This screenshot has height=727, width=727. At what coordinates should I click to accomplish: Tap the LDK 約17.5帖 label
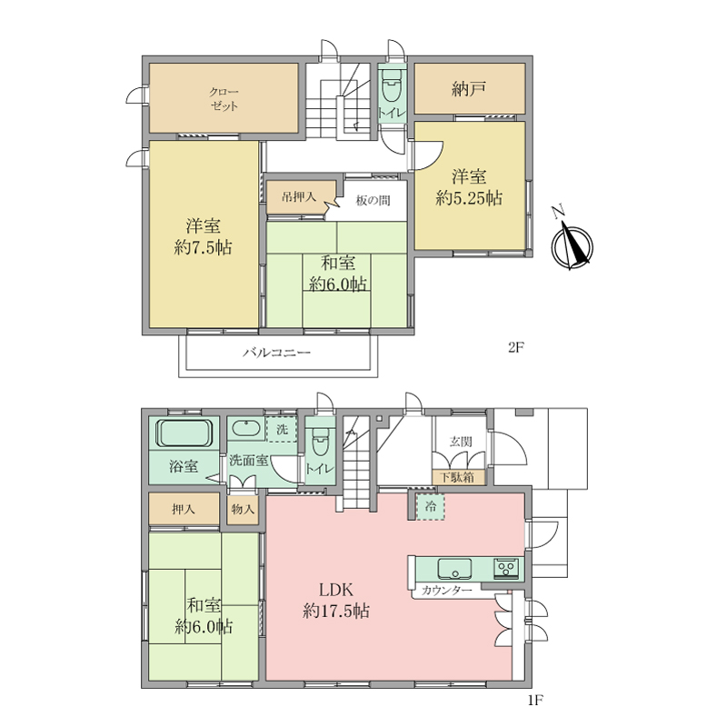pyautogui.click(x=336, y=601)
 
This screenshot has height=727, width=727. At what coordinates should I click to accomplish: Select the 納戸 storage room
pyautogui.click(x=469, y=88)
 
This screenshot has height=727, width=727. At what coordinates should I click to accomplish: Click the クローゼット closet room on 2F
pyautogui.click(x=224, y=98)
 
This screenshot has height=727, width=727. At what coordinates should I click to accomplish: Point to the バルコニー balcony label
pyautogui.click(x=277, y=353)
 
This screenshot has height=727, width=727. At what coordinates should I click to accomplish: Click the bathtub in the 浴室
pyautogui.click(x=184, y=433)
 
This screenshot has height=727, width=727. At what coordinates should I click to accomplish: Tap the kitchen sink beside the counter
pyautogui.click(x=454, y=569)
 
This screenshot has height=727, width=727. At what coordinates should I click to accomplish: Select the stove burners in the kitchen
pyautogui.click(x=506, y=568)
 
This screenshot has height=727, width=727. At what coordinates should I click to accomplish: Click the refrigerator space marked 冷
pyautogui.click(x=430, y=507)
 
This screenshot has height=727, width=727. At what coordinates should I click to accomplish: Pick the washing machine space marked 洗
pyautogui.click(x=282, y=429)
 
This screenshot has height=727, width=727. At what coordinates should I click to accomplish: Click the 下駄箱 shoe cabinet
pyautogui.click(x=457, y=478)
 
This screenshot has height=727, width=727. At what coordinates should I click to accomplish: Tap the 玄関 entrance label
pyautogui.click(x=461, y=442)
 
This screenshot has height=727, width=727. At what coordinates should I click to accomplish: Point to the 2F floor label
pyautogui.click(x=515, y=348)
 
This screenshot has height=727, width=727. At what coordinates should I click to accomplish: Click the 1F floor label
pyautogui.click(x=534, y=700)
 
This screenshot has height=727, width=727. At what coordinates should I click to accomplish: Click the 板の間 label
pyautogui.click(x=373, y=201)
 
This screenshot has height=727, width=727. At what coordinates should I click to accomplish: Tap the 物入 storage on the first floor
pyautogui.click(x=243, y=509)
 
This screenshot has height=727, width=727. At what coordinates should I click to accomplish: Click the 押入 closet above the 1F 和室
pyautogui.click(x=184, y=509)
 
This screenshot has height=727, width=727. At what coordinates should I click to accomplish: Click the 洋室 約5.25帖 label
pyautogui.click(x=469, y=187)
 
